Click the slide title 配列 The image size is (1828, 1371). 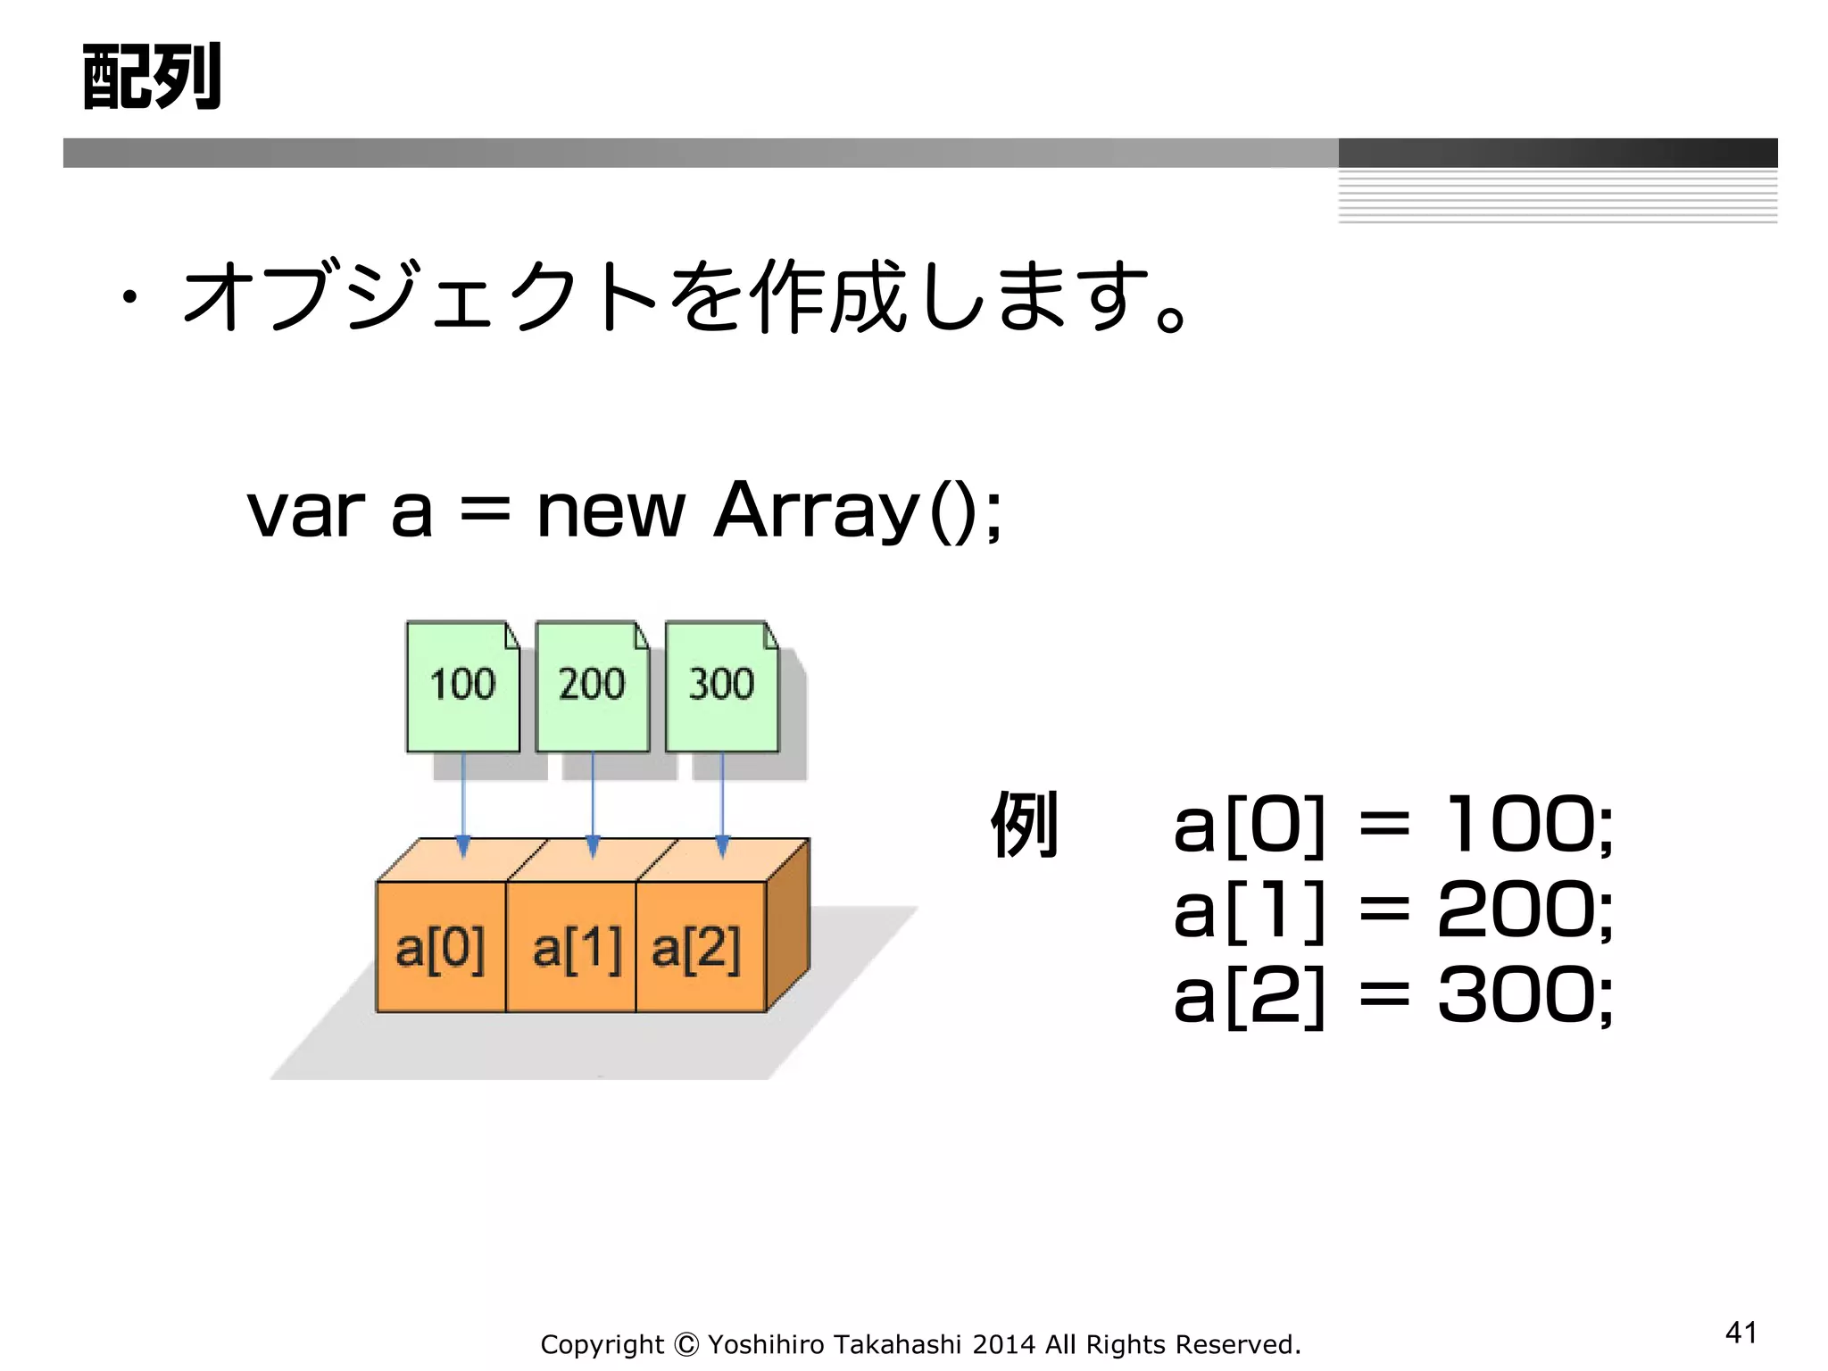tap(152, 78)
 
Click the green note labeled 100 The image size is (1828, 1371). tap(462, 685)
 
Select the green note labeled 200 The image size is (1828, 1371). tap(592, 685)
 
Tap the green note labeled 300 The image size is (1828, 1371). tap(721, 685)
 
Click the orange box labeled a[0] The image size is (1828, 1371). tap(441, 947)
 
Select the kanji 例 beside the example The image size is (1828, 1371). tap(1024, 825)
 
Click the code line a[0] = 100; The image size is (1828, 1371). tap(1392, 826)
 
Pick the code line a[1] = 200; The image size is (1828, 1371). tap(1392, 911)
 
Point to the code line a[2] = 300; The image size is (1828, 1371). tap(1392, 996)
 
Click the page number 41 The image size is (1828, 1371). tap(1741, 1333)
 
